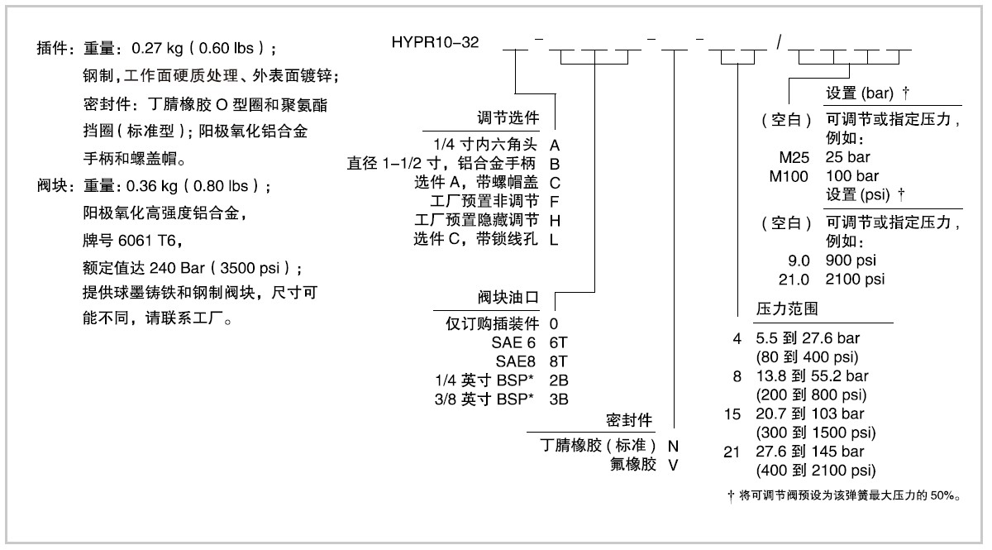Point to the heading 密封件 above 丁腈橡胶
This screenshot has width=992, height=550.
[x=632, y=418]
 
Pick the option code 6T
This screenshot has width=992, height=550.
[x=560, y=341]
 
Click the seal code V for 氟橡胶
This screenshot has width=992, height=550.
[x=673, y=464]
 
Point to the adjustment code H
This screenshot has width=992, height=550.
[x=555, y=220]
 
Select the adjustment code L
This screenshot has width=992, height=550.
[x=555, y=239]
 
